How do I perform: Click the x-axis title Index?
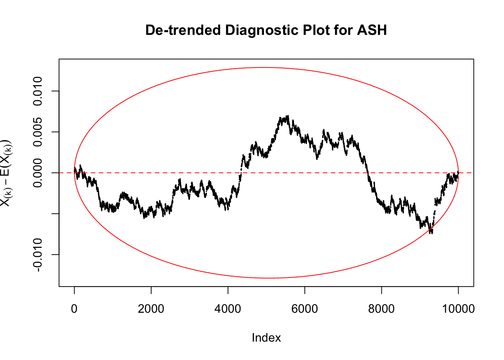[x=266, y=337]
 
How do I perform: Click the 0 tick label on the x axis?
[x=74, y=309]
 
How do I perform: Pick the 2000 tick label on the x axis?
[x=151, y=309]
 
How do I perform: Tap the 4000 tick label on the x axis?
[x=228, y=309]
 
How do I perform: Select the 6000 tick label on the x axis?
[x=305, y=309]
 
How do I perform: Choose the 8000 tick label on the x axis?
[x=381, y=309]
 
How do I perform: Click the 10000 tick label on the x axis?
[x=458, y=309]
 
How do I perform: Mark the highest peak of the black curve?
[x=288, y=116]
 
